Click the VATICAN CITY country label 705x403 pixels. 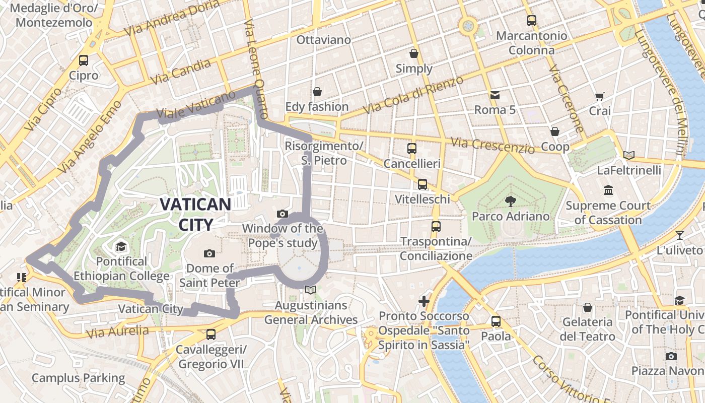click(x=195, y=214)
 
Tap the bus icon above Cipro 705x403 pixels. click(x=84, y=60)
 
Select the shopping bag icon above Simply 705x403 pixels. click(x=414, y=53)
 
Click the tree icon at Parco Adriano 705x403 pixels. click(x=510, y=201)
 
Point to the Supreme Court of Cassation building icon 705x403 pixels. click(x=608, y=190)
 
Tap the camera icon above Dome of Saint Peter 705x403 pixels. click(x=209, y=253)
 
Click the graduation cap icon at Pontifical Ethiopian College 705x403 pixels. click(x=121, y=246)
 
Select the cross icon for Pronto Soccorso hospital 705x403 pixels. click(x=424, y=301)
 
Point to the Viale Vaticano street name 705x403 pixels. click(x=196, y=105)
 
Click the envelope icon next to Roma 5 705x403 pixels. click(x=495, y=95)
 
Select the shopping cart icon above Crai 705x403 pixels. click(x=599, y=96)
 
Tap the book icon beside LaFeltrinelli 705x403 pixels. click(x=628, y=155)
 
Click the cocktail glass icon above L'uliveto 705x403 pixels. click(x=680, y=235)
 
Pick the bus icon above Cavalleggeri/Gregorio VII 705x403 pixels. click(x=211, y=334)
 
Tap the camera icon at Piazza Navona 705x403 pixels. click(x=671, y=356)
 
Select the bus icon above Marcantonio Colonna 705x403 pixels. click(x=532, y=21)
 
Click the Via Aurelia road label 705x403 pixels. click(x=117, y=331)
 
